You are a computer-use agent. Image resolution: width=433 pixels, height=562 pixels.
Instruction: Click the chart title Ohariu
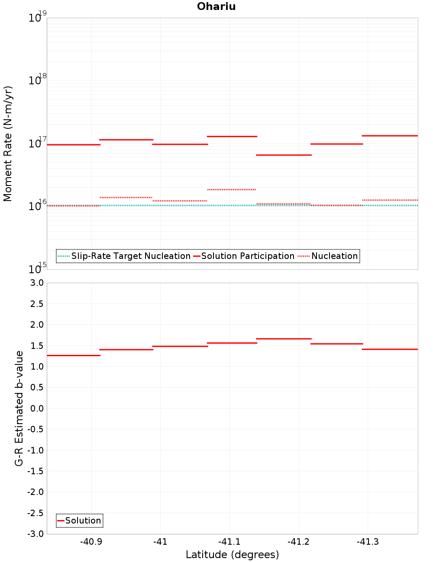point(216,6)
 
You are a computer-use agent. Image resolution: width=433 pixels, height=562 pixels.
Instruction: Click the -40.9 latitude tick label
point(91,542)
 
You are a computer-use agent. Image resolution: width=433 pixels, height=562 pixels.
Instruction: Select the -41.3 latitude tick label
point(368,542)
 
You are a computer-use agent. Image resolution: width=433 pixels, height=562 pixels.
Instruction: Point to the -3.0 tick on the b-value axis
point(36,534)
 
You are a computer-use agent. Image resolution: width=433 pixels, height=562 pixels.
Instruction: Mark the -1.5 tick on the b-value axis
point(36,471)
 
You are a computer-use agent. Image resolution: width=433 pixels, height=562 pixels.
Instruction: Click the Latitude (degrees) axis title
point(232,555)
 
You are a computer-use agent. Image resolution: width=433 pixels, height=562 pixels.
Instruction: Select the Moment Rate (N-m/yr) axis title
point(8,144)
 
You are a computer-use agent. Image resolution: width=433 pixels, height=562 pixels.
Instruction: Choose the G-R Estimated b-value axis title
point(19,409)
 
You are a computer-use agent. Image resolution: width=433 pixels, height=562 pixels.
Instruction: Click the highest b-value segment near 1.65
point(284,339)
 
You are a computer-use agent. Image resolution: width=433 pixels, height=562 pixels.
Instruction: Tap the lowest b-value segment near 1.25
point(74,356)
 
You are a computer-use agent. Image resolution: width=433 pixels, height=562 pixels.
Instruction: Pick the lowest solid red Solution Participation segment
point(284,155)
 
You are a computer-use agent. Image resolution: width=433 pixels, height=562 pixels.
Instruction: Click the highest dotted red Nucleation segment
point(232,190)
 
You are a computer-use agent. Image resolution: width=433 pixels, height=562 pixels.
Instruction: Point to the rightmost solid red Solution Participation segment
point(390,136)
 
